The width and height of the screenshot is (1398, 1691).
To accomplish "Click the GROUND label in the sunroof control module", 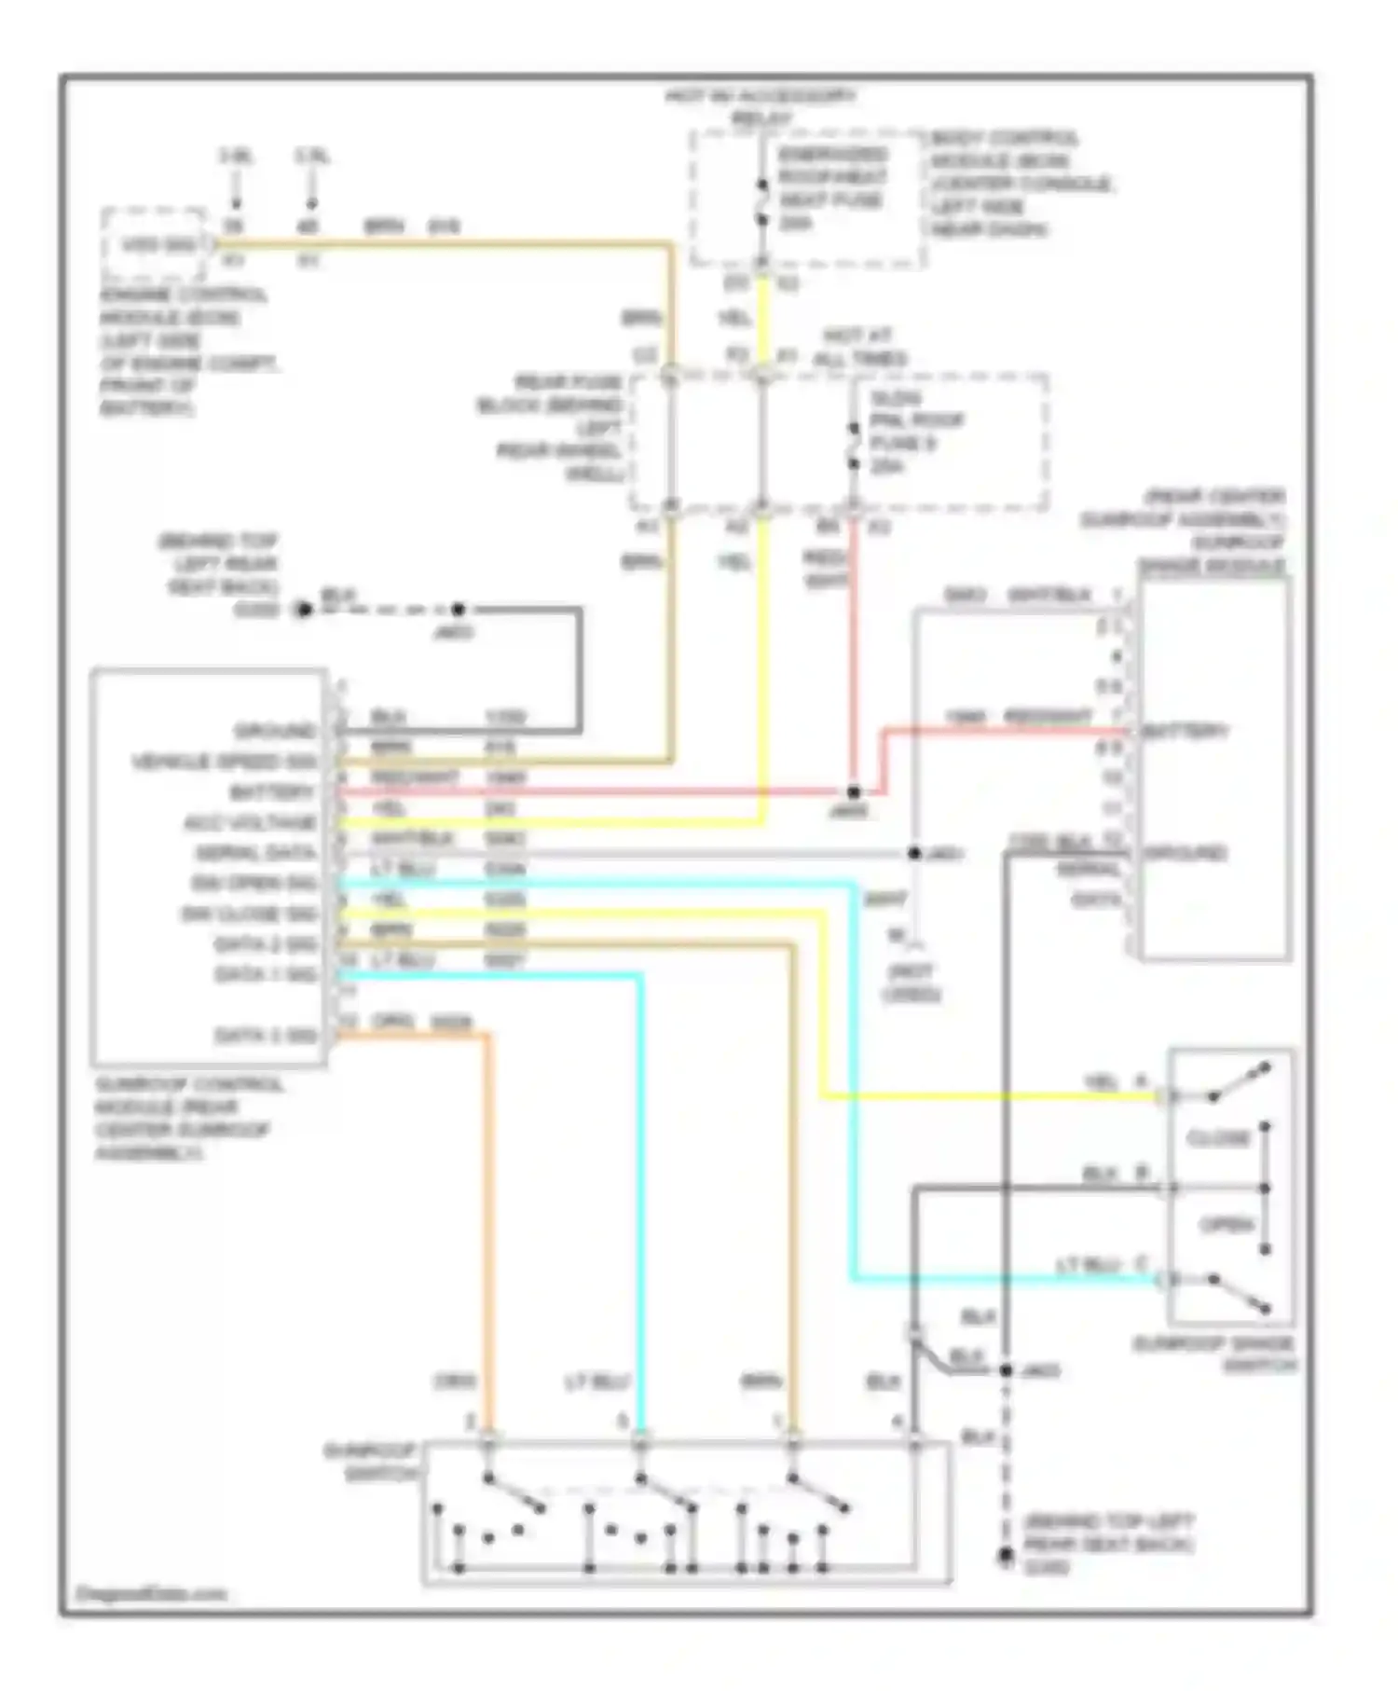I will [x=275, y=731].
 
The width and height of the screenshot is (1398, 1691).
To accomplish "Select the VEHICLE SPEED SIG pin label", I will [x=224, y=762].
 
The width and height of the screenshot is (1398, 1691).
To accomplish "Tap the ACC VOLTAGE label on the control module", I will [x=250, y=823].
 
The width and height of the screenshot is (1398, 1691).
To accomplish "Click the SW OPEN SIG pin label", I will [x=254, y=883].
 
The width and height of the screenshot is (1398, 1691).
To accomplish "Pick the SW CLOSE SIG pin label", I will [x=249, y=914].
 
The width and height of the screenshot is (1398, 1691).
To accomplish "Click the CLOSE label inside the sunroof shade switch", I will [x=1217, y=1139].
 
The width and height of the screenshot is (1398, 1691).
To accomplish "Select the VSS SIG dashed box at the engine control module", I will [x=154, y=246].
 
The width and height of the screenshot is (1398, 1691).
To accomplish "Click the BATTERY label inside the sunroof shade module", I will [x=1186, y=732].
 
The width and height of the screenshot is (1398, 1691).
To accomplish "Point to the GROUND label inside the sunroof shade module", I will [x=1185, y=853].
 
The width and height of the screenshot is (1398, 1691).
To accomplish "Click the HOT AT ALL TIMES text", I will [x=858, y=347].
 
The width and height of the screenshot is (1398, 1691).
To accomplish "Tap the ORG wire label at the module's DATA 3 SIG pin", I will [x=392, y=1021].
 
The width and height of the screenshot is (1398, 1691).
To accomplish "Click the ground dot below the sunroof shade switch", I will [x=1006, y=1554].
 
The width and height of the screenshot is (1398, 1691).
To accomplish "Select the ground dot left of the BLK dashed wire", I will [x=303, y=610].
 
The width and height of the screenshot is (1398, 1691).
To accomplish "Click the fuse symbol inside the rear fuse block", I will [x=853, y=447].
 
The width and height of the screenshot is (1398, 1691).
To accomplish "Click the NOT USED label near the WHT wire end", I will [x=911, y=983].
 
